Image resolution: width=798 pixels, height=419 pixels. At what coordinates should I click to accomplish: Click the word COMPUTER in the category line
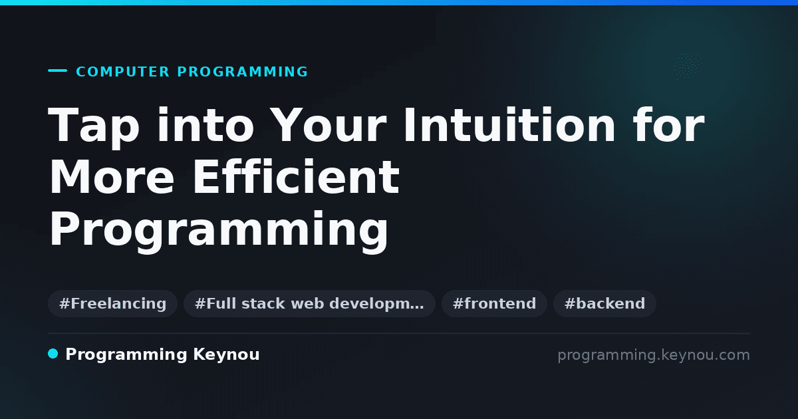click(x=122, y=72)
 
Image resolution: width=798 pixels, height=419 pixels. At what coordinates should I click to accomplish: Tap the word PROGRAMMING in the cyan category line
click(x=242, y=72)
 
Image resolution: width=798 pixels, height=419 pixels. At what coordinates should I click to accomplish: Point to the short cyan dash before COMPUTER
click(x=57, y=70)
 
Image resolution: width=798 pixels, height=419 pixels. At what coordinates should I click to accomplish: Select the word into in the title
click(x=205, y=125)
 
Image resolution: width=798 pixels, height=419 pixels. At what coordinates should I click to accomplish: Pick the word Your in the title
click(x=328, y=125)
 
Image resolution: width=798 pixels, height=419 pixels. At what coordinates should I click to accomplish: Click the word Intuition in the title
click(x=509, y=125)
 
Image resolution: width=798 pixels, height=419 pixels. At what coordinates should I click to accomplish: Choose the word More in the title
click(x=112, y=177)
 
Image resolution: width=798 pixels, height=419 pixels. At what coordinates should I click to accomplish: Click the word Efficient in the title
click(x=296, y=176)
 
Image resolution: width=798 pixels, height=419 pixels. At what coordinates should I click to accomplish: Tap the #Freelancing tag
click(x=112, y=303)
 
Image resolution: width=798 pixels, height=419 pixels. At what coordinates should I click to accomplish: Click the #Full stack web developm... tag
click(x=309, y=303)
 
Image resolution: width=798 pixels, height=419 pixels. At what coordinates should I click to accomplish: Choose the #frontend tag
click(x=494, y=303)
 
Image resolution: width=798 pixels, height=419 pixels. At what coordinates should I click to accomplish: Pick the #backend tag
click(x=604, y=303)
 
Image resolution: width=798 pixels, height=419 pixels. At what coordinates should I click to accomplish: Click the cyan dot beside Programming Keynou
click(x=53, y=354)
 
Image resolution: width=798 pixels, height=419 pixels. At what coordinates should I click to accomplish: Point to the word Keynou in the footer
click(x=226, y=355)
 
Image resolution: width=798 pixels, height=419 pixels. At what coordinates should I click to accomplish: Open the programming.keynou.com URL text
click(x=654, y=355)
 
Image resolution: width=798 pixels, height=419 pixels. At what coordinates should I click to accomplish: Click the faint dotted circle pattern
click(x=687, y=66)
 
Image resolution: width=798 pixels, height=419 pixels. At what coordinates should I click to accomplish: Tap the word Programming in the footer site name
click(x=126, y=355)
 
